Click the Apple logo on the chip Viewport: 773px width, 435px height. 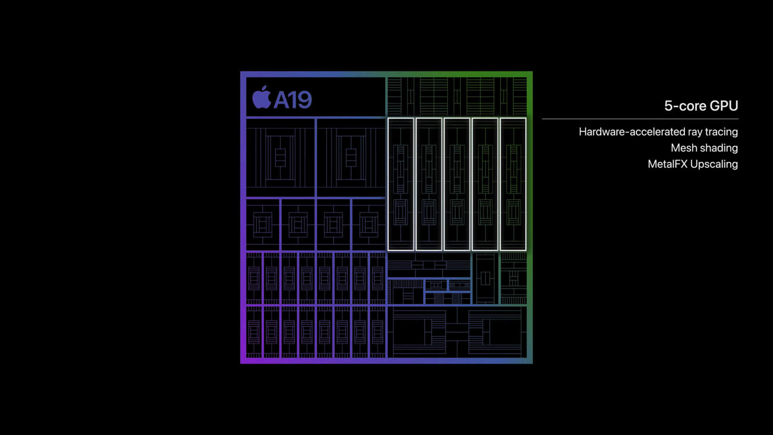pyautogui.click(x=262, y=97)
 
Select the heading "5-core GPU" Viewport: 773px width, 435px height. pyautogui.click(x=701, y=106)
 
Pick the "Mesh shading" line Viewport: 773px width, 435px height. pyautogui.click(x=705, y=148)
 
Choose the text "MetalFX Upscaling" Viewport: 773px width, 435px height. pyautogui.click(x=693, y=164)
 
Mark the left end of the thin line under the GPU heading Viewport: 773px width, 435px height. pyautogui.click(x=542, y=119)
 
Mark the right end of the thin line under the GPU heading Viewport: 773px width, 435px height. pyautogui.click(x=739, y=119)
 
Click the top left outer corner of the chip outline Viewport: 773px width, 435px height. pyautogui.click(x=240, y=71)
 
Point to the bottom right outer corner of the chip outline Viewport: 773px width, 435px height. pyautogui.click(x=533, y=364)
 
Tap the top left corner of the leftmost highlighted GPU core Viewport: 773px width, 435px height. pyautogui.click(x=388, y=118)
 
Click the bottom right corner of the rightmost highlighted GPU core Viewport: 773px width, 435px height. pyautogui.click(x=527, y=251)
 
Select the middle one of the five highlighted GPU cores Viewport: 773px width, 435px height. pyautogui.click(x=457, y=184)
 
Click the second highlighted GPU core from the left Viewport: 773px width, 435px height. pyautogui.click(x=429, y=184)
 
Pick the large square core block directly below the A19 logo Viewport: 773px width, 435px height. pyautogui.click(x=280, y=158)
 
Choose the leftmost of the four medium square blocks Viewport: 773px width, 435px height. pyautogui.click(x=263, y=225)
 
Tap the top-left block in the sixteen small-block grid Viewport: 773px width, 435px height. pyautogui.click(x=254, y=278)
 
